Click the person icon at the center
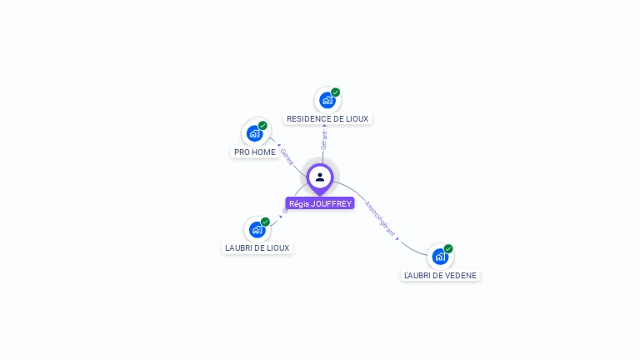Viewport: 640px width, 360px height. (320, 177)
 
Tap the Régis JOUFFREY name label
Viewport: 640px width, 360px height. (320, 203)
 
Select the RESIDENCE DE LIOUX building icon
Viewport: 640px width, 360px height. (327, 100)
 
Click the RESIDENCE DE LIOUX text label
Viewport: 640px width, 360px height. (327, 119)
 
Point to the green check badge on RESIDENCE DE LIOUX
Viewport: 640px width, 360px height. (336, 92)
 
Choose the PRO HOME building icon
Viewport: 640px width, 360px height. (255, 133)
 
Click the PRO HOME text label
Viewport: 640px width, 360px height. (255, 152)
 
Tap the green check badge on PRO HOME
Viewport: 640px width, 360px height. (263, 126)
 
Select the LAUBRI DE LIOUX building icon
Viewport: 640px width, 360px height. (257, 229)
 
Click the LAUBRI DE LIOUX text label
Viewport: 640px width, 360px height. (257, 248)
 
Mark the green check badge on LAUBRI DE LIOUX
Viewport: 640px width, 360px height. (266, 222)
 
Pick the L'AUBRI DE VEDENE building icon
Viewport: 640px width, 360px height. (440, 257)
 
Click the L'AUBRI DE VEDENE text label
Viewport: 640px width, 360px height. (441, 276)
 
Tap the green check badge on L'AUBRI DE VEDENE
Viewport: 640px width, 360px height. (448, 249)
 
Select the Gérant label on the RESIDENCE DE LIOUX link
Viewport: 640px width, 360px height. (324, 140)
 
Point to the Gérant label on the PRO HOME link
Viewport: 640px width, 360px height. (287, 157)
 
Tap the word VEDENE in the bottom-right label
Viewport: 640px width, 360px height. (462, 276)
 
